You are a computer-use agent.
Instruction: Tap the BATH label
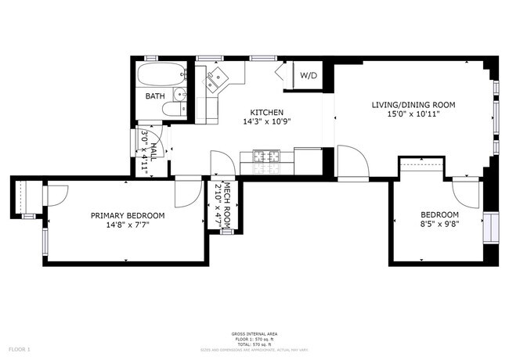[154, 96]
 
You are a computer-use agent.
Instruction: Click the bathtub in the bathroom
[161, 77]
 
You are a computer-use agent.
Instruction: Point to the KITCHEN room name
[266, 113]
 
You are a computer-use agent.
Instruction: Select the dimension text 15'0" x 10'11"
[413, 113]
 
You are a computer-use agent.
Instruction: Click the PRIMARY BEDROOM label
[127, 216]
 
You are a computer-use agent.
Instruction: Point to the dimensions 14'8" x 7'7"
[127, 225]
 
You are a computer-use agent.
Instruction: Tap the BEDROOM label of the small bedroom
[439, 215]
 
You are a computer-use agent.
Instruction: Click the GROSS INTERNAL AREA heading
[254, 334]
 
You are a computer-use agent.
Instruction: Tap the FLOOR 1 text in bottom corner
[19, 348]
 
